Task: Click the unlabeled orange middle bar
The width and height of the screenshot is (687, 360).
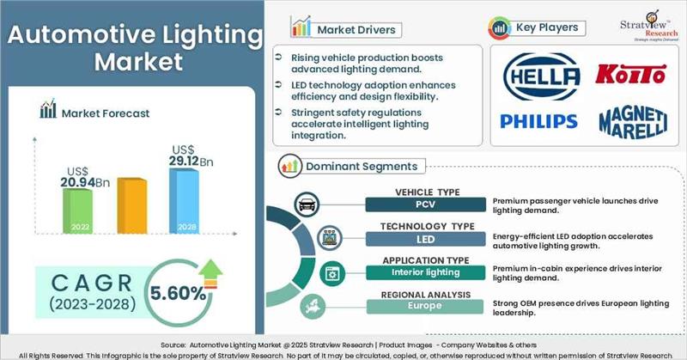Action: (x=131, y=206)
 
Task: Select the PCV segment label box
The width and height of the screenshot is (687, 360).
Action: (x=421, y=204)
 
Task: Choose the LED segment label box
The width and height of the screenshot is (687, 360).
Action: (x=421, y=238)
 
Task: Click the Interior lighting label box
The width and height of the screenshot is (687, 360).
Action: (x=421, y=272)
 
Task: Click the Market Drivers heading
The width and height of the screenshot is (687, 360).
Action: (x=356, y=29)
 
